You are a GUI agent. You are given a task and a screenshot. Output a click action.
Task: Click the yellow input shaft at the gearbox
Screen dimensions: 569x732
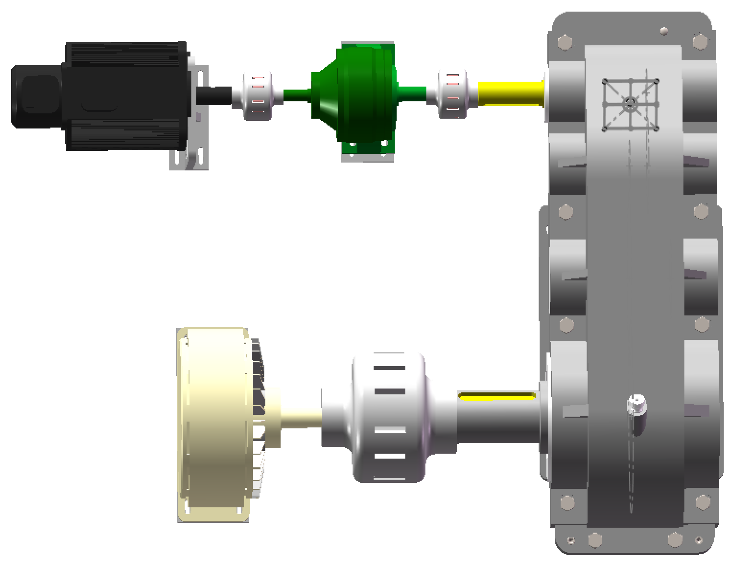pyautogui.click(x=510, y=94)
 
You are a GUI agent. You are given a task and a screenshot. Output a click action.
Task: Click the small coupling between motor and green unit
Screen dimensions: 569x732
pyautogui.click(x=257, y=96)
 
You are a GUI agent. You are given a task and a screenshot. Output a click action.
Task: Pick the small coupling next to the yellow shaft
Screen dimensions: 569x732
pyautogui.click(x=453, y=94)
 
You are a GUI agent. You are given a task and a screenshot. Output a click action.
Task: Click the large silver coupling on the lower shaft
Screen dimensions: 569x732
pyautogui.click(x=389, y=417)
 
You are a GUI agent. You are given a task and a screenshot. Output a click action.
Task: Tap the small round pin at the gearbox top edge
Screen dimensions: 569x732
pyautogui.click(x=664, y=31)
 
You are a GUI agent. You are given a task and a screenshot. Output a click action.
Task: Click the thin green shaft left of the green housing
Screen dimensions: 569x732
pyautogui.click(x=297, y=95)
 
